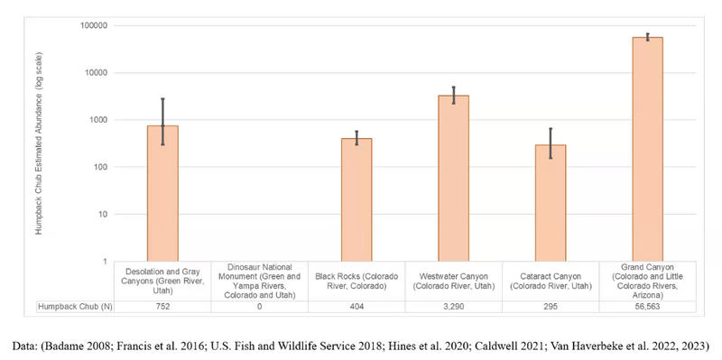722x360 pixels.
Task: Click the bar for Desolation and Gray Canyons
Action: coord(162,193)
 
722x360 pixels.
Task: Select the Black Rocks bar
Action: coord(356,199)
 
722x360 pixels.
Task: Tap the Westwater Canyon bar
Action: coord(454,179)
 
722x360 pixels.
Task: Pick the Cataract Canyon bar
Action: coord(551,203)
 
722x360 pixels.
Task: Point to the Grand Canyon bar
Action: coord(647,149)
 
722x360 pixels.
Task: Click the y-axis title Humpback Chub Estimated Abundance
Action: coord(39,144)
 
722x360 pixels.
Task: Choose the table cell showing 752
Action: coord(162,307)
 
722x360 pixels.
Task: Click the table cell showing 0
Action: coord(260,307)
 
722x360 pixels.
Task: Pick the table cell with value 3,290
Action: coord(454,307)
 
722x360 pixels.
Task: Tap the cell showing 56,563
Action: coord(647,307)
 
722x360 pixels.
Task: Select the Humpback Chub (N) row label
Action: coord(76,307)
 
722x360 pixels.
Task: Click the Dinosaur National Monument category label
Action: coord(260,281)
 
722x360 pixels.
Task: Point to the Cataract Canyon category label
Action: coord(551,281)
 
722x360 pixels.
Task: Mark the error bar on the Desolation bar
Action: coord(162,122)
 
